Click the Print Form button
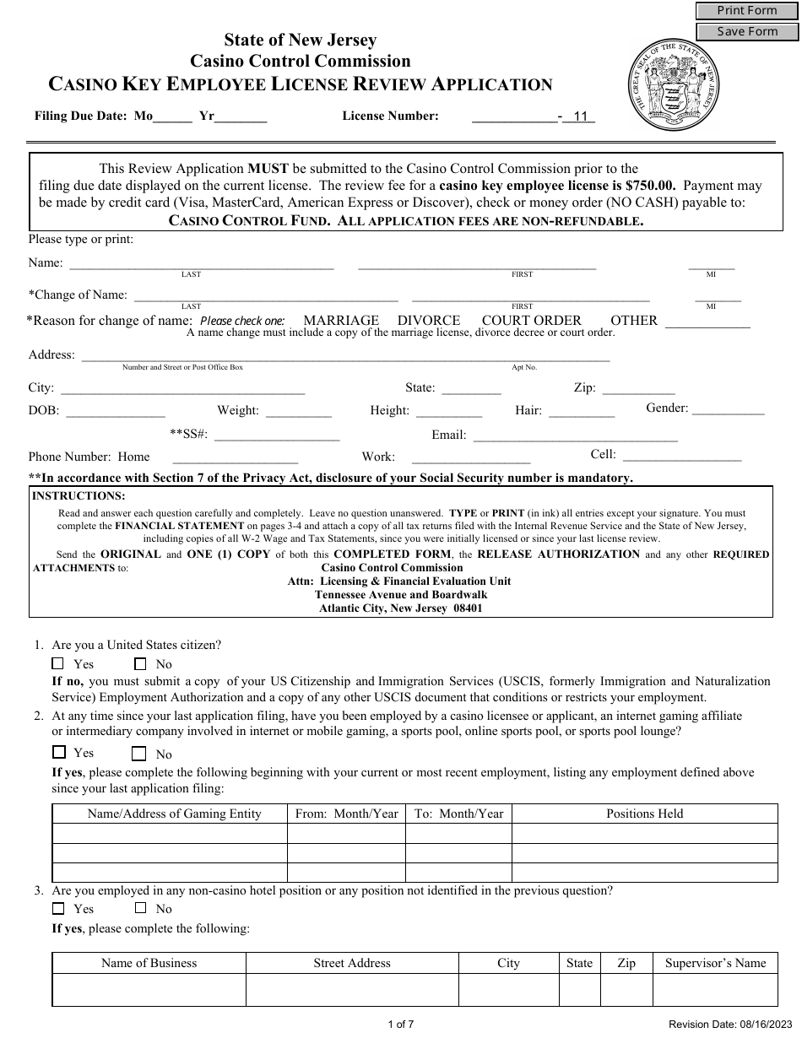tap(747, 10)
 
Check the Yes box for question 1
tap(58, 663)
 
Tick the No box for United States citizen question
tap(140, 663)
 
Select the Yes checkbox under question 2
tap(59, 752)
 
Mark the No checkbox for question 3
tap(140, 908)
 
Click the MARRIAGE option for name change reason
tap(341, 321)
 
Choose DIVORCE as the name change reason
tap(429, 321)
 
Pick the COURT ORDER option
tap(531, 321)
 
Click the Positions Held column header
tap(644, 814)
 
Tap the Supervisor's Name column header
tap(715, 963)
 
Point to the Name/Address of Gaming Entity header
tap(174, 814)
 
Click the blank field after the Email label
tap(575, 435)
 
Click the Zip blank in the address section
tap(637, 388)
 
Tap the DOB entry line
tap(116, 411)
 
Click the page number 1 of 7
tap(400, 1024)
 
